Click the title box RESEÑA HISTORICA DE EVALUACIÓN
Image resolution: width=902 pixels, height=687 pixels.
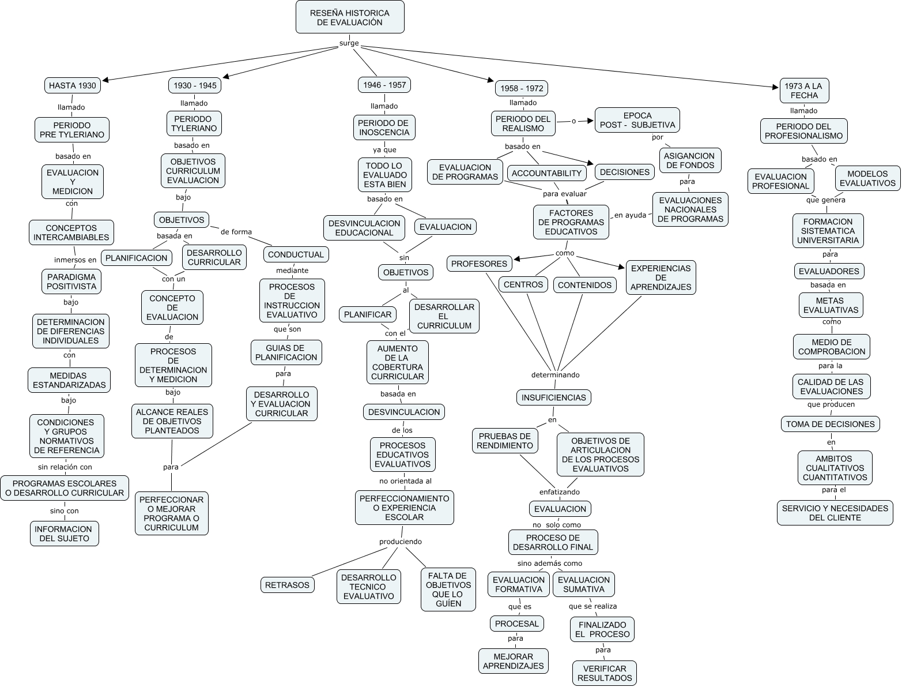350,17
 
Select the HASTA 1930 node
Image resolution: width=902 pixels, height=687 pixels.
72,85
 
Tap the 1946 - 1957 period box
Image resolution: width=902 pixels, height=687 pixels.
384,85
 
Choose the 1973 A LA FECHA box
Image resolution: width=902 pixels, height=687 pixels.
804,91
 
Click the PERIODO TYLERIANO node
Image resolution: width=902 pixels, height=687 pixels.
194,123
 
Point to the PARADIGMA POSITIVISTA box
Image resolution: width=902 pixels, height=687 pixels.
71,281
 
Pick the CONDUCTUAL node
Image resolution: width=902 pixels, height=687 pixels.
296,254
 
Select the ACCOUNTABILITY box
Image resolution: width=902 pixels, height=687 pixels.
546,173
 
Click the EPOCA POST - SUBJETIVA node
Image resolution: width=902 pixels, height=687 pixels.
637,120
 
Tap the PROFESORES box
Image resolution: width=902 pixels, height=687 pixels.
479,264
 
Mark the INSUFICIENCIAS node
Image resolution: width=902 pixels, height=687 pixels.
553,397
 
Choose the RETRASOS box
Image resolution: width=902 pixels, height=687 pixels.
287,585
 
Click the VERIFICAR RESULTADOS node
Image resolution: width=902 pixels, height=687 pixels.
605,673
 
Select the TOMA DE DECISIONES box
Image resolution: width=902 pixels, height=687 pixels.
830,424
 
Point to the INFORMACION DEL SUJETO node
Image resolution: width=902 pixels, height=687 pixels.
65,534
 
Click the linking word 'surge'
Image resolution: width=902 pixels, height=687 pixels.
349,43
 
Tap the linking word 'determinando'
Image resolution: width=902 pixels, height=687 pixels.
555,375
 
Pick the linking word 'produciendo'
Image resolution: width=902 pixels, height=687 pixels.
400,542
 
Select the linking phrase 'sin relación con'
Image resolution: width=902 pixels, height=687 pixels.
65,467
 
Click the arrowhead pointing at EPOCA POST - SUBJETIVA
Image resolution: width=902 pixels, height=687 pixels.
591,121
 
